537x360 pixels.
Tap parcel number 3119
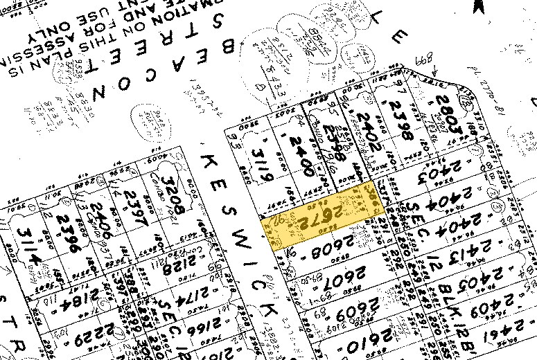[261, 162]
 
